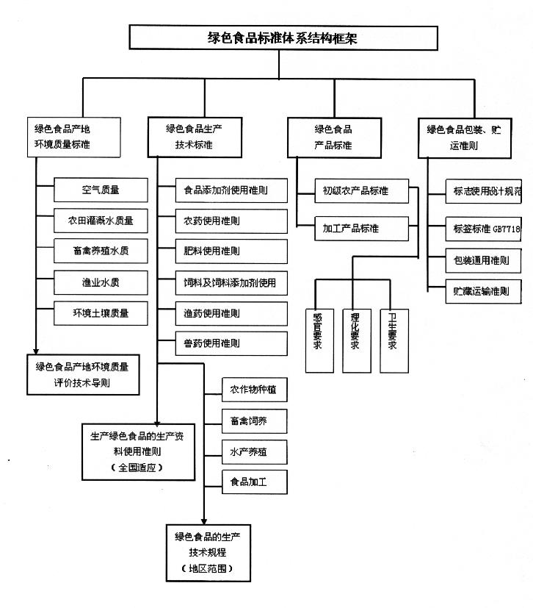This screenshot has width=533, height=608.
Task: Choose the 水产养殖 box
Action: coord(254,452)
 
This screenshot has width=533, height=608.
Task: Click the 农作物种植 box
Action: coord(254,390)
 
